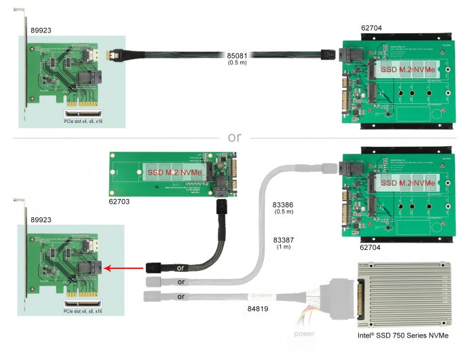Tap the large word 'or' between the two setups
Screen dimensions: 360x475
point(235,137)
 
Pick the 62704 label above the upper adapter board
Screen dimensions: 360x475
point(371,29)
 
